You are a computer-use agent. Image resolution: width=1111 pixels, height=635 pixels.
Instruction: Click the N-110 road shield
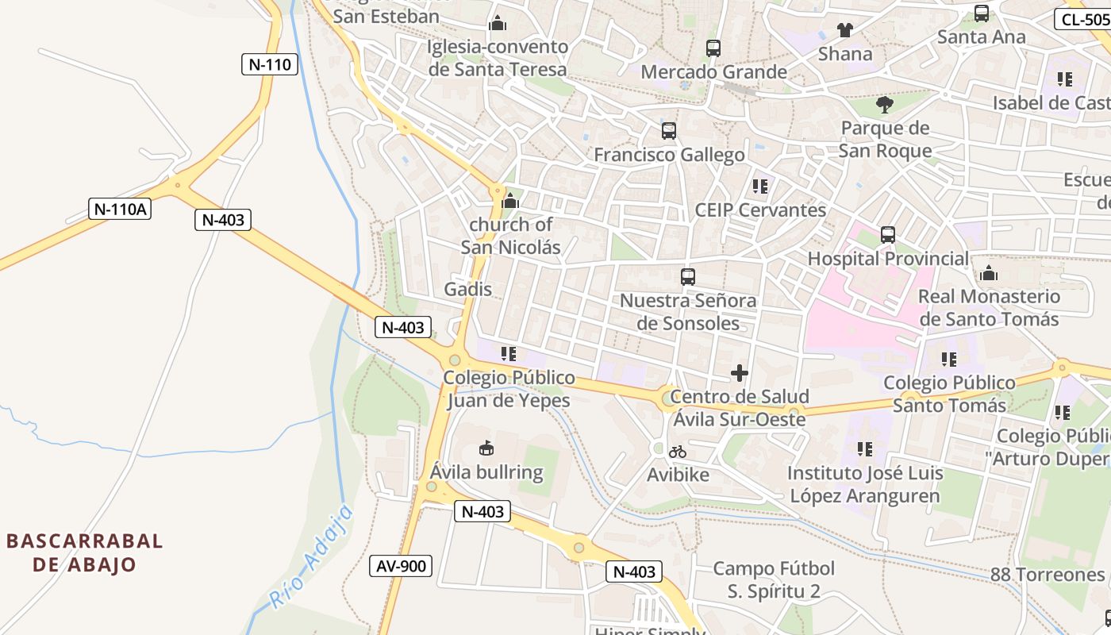pyautogui.click(x=270, y=64)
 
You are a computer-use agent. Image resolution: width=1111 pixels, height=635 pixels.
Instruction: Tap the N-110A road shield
pyautogui.click(x=121, y=210)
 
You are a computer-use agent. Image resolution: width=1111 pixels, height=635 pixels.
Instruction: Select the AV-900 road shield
pyautogui.click(x=402, y=566)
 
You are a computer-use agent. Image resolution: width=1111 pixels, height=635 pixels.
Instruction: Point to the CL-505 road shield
pyautogui.click(x=1082, y=20)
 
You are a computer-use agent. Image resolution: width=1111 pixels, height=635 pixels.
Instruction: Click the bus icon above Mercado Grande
pyautogui.click(x=713, y=48)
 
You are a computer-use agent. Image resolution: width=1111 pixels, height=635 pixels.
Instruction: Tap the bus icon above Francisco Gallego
pyautogui.click(x=669, y=131)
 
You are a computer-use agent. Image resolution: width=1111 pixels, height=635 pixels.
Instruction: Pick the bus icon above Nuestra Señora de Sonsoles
pyautogui.click(x=688, y=277)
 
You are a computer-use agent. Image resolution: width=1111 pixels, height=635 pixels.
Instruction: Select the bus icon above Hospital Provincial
pyautogui.click(x=888, y=235)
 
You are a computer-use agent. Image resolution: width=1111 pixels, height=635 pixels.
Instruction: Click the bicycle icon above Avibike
pyautogui.click(x=678, y=452)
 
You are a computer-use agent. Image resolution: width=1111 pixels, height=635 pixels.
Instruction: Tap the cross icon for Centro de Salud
pyautogui.click(x=740, y=372)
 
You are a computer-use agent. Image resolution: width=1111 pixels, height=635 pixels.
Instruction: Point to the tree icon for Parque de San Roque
pyautogui.click(x=885, y=104)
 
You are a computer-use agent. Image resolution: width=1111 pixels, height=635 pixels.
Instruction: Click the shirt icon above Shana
pyautogui.click(x=845, y=31)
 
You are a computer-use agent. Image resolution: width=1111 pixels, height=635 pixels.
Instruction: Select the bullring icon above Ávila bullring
pyautogui.click(x=486, y=449)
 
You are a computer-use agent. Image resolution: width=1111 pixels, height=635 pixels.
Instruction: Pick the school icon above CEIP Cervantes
pyautogui.click(x=760, y=187)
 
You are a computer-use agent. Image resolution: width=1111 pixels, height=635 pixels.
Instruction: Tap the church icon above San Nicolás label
pyautogui.click(x=511, y=201)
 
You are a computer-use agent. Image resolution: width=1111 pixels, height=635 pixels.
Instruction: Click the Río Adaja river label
pyautogui.click(x=311, y=557)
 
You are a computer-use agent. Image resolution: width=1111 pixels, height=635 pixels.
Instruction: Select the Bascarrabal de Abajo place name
pyautogui.click(x=85, y=553)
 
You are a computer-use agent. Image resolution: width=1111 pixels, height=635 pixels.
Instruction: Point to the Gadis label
pyautogui.click(x=468, y=289)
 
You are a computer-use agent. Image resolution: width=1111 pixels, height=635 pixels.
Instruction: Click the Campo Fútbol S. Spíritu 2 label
pyautogui.click(x=774, y=579)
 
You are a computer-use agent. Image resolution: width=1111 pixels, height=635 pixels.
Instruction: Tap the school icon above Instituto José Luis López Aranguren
pyautogui.click(x=865, y=449)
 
